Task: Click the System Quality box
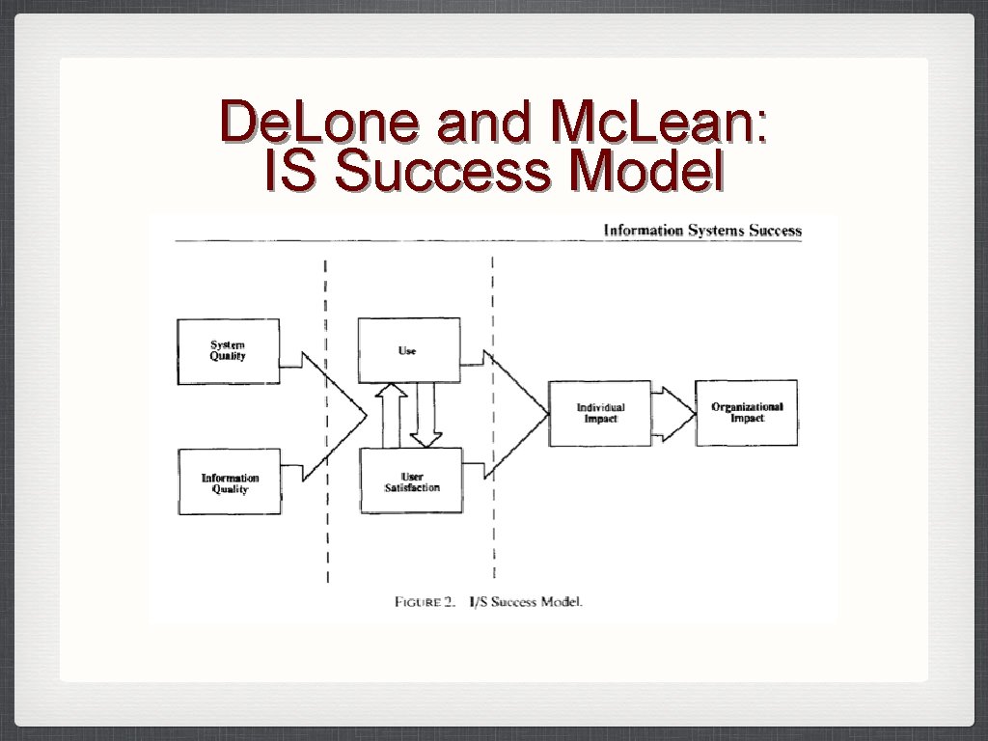click(x=229, y=351)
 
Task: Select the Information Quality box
click(x=230, y=481)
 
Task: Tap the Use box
click(x=407, y=350)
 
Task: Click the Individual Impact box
click(x=600, y=413)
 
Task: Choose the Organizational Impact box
click(x=747, y=412)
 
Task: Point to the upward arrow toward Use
click(x=392, y=415)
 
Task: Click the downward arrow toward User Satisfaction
click(x=425, y=415)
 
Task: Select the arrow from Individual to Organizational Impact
click(x=676, y=413)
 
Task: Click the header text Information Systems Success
click(x=702, y=231)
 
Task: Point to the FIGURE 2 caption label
click(x=425, y=602)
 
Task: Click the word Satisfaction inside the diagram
click(x=412, y=488)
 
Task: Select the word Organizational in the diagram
click(x=747, y=406)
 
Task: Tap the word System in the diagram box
click(x=228, y=344)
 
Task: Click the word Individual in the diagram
click(x=600, y=407)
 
